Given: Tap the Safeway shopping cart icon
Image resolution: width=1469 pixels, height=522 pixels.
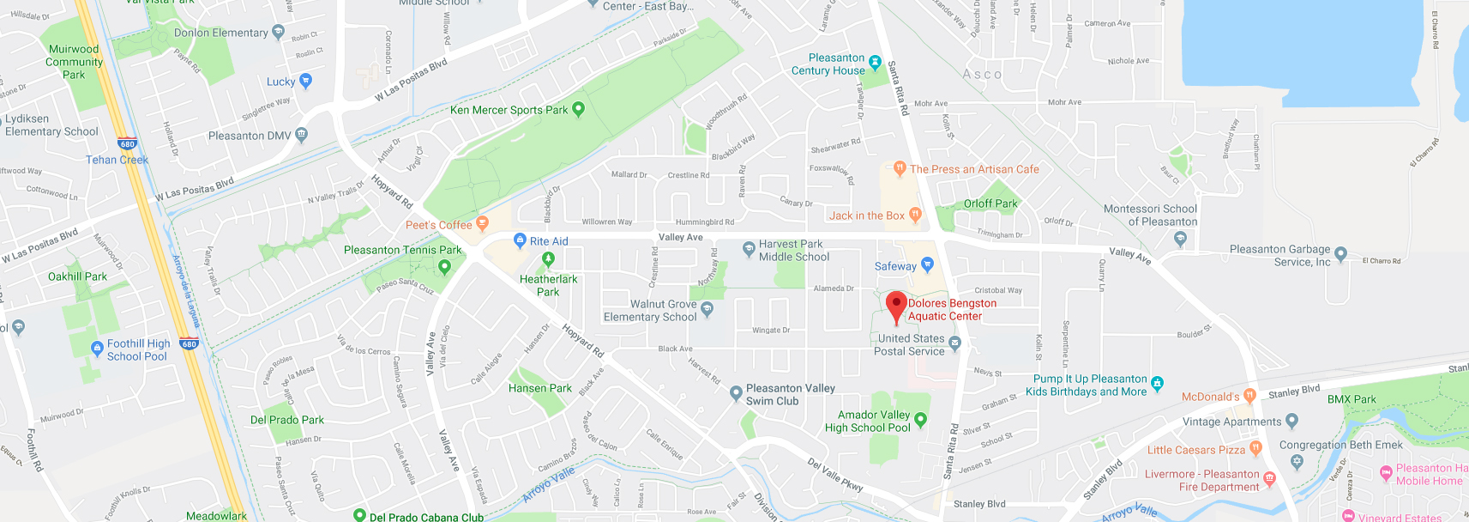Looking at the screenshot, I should click(x=927, y=265).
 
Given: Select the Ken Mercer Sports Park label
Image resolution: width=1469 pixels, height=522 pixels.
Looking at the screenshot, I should click(x=509, y=110).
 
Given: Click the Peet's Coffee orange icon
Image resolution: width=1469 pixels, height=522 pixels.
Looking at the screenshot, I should click(x=483, y=223).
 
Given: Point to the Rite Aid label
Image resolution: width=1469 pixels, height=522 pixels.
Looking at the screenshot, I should click(x=549, y=241).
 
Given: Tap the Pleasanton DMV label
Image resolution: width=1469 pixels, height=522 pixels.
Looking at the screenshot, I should click(x=250, y=136).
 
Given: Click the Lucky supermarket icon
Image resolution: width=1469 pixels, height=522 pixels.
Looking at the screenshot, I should click(x=306, y=81).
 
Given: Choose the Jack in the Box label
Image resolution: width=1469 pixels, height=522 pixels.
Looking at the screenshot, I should click(x=866, y=215).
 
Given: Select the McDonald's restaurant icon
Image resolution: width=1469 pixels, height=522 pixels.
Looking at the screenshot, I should click(x=1249, y=396).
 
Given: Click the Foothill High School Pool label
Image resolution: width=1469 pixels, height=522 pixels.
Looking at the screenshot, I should click(x=138, y=349).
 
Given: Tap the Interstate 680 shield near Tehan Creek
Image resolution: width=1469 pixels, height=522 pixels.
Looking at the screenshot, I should click(x=128, y=144).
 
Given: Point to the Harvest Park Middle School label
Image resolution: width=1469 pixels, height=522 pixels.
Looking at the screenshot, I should click(x=793, y=250).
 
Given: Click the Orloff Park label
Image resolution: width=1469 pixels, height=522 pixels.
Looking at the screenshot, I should click(x=990, y=203).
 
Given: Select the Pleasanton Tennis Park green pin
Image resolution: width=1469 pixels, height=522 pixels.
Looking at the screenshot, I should click(x=444, y=266).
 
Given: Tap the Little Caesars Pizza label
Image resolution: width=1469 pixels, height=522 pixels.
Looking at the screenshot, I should click(x=1195, y=450).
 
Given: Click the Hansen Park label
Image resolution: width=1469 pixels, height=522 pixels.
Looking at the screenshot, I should click(x=539, y=388).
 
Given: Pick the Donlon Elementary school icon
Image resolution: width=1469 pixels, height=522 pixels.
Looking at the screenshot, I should click(x=278, y=32).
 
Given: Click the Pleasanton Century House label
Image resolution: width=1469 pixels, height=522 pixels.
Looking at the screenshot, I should click(x=828, y=64).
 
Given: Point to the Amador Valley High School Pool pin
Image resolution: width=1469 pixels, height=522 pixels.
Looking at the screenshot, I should click(x=920, y=420).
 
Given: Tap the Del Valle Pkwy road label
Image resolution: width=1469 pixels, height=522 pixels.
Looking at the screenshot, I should click(x=834, y=474).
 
